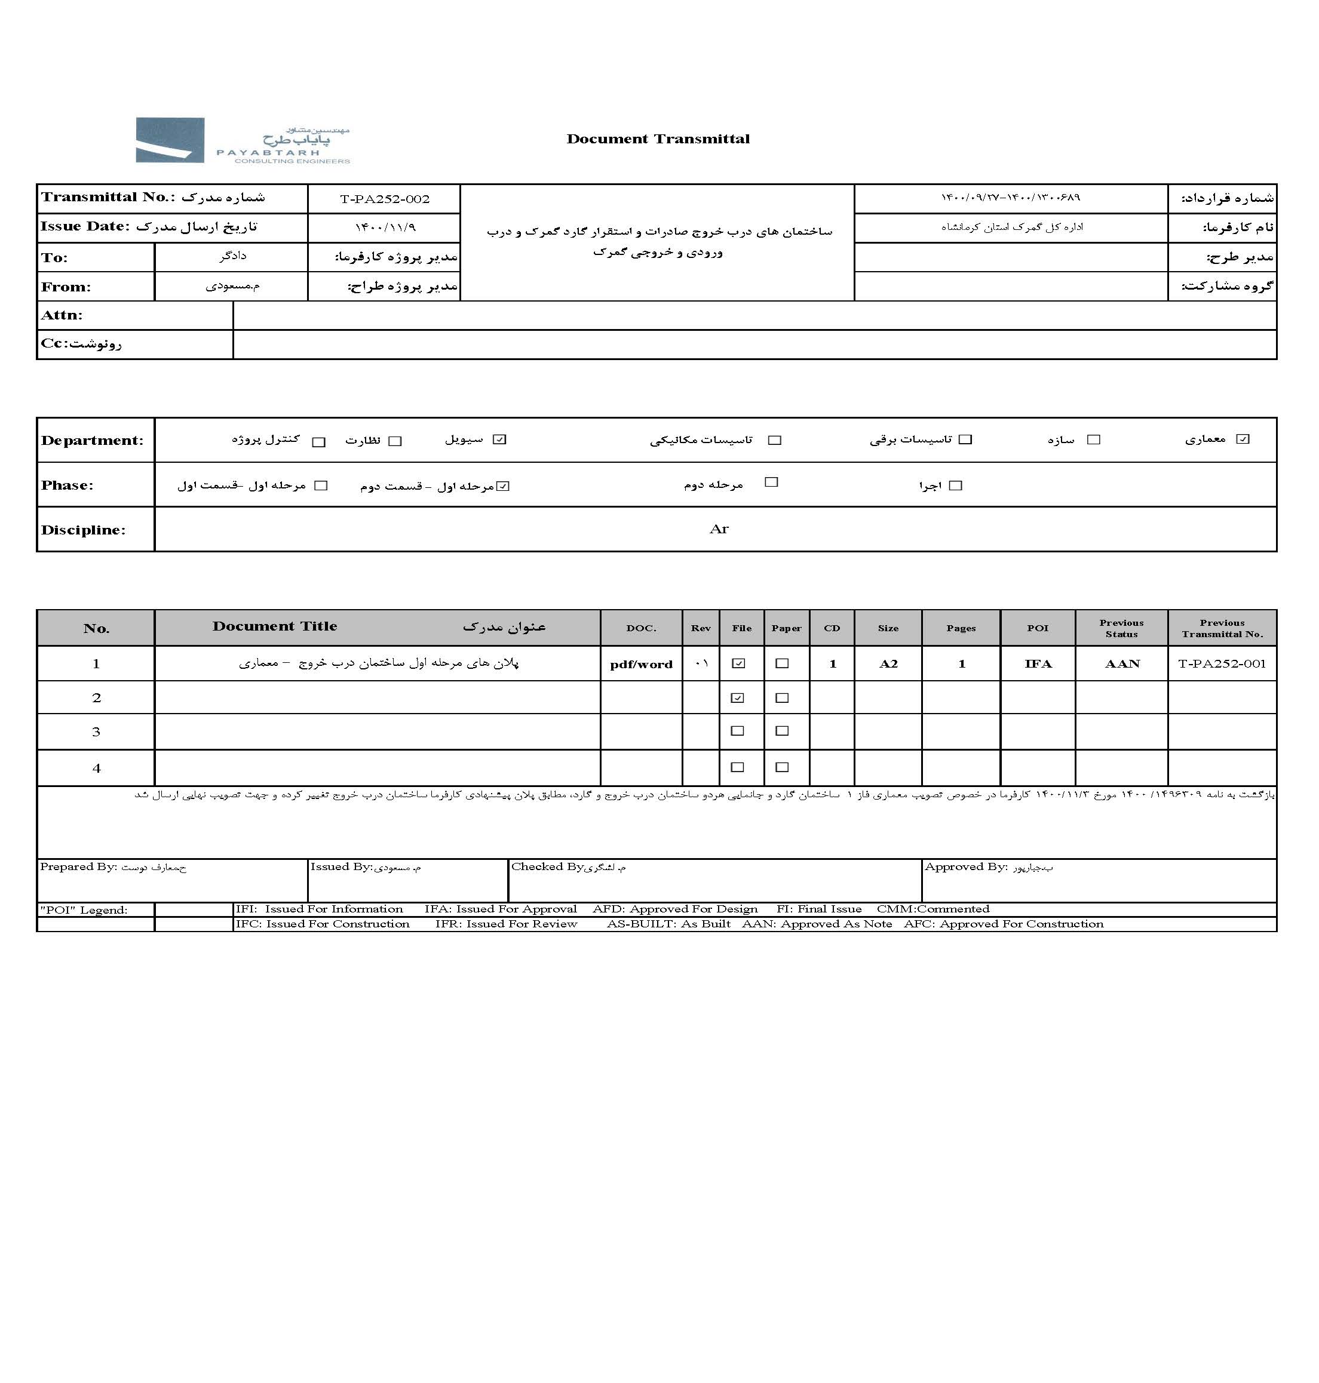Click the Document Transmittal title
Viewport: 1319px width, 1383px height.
pos(658,139)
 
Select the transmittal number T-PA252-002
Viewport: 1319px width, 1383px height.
pos(385,199)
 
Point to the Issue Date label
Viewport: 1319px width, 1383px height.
pos(85,226)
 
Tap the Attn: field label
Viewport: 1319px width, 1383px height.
pos(62,315)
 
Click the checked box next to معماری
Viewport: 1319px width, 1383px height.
pos(1243,440)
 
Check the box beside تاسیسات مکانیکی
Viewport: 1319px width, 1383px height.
pos(775,440)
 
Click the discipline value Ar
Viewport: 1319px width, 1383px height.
pos(719,529)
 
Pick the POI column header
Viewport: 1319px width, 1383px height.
pos(1038,628)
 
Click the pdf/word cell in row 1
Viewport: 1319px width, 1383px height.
pos(641,664)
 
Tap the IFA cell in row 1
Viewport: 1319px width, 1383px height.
pos(1038,664)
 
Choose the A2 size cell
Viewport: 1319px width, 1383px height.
pos(888,664)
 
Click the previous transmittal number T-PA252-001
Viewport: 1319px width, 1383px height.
pos(1222,664)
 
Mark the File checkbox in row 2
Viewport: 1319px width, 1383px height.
pos(738,698)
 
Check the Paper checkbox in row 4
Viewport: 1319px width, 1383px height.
pos(782,767)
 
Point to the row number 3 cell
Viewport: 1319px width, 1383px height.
pos(96,732)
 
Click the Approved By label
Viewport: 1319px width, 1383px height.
pos(966,867)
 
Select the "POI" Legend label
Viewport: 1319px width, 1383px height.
pos(84,910)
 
